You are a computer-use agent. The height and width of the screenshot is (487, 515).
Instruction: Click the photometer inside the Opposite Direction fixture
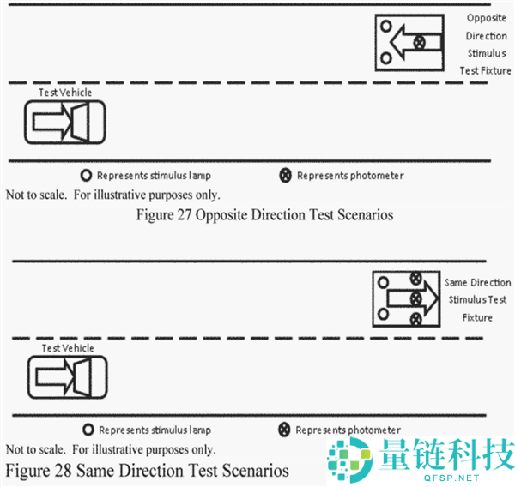[x=419, y=42]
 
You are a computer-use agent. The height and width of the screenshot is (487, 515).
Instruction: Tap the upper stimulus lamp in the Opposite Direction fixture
[x=386, y=26]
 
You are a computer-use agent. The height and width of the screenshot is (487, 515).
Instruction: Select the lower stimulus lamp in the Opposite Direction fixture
[x=386, y=58]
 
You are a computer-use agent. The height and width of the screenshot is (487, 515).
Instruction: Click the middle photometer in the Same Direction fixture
[x=415, y=299]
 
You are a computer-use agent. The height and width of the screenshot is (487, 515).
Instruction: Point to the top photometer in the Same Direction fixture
[x=416, y=279]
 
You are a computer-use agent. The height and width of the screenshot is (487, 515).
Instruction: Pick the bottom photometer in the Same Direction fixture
[x=415, y=319]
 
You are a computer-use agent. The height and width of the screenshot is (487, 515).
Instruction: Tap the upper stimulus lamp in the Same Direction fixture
[x=383, y=282]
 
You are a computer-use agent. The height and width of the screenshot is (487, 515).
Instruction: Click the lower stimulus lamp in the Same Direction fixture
[x=383, y=314]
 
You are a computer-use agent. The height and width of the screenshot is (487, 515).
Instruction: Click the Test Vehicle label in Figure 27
[x=65, y=93]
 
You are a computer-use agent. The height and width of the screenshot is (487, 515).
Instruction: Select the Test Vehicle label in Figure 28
[x=68, y=348]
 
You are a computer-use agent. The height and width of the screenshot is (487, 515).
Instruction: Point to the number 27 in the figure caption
[x=185, y=215]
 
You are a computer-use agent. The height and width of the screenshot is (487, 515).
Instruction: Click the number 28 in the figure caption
[x=63, y=470]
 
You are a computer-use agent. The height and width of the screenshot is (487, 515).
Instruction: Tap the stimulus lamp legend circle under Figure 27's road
[x=86, y=176]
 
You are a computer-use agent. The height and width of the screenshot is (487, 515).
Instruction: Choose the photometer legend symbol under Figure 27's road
[x=286, y=175]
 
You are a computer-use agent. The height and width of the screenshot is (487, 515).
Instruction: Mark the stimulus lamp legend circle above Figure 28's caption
[x=88, y=430]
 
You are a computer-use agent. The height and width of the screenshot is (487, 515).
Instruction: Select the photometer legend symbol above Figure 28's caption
[x=284, y=430]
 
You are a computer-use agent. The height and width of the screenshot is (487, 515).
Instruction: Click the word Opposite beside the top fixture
[x=487, y=18]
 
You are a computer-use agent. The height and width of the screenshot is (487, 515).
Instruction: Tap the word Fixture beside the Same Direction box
[x=477, y=317]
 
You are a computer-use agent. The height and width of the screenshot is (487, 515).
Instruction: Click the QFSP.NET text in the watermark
[x=457, y=478]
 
